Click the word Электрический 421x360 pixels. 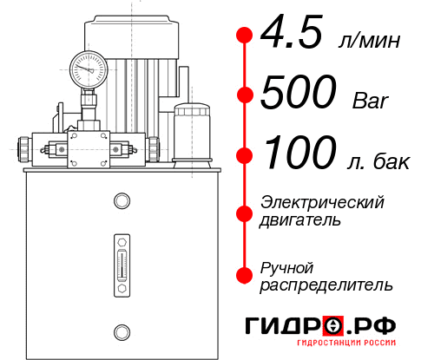point(322,202)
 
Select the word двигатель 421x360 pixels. point(300,220)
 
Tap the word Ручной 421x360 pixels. point(286,266)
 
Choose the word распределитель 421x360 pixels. point(326,285)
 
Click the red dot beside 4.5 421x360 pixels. point(245,36)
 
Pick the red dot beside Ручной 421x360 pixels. point(245,275)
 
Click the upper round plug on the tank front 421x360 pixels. point(121,202)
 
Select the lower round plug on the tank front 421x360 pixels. point(121,331)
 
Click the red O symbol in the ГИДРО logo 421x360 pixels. point(334,326)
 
